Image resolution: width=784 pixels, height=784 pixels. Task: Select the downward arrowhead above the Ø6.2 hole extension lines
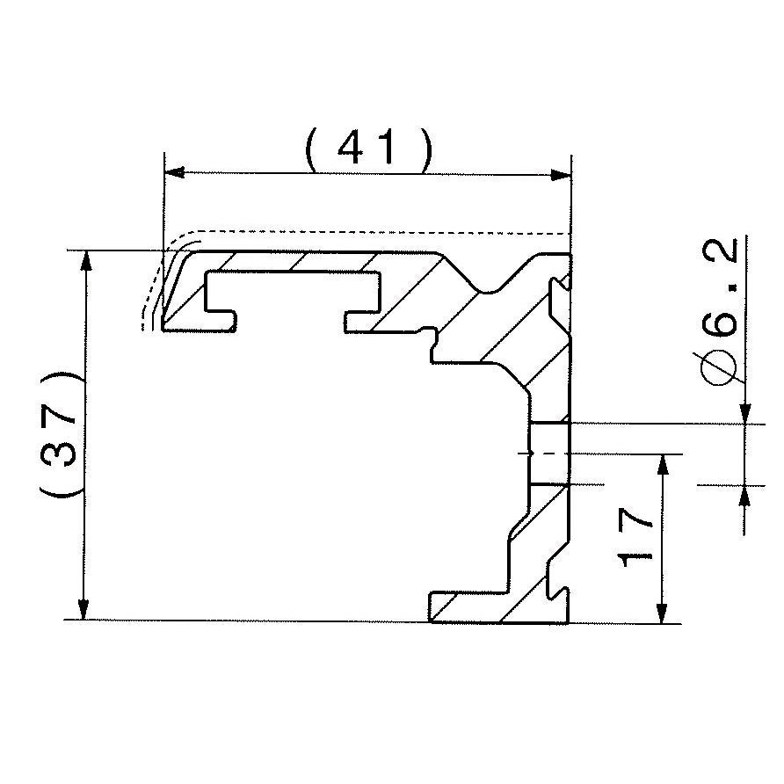(x=744, y=413)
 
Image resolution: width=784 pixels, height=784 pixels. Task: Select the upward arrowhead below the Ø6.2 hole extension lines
(x=744, y=495)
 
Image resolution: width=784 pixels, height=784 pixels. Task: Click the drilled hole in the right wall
(x=550, y=453)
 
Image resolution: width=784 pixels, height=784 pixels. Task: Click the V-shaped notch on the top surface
(x=484, y=287)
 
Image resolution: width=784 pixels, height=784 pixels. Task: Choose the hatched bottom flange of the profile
(x=492, y=608)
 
